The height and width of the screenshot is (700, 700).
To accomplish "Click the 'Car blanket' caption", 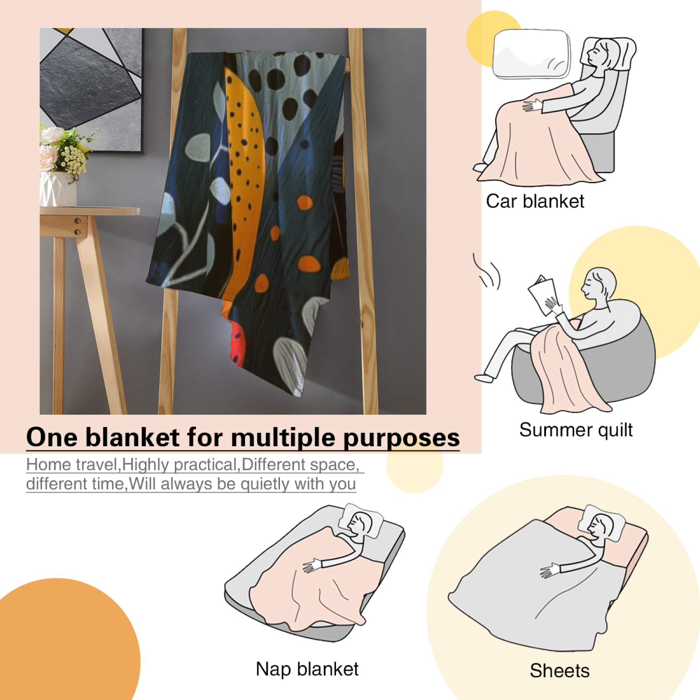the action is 535,202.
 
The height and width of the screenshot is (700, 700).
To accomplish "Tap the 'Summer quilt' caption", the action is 576,430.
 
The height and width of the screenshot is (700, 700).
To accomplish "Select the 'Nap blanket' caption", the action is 307,669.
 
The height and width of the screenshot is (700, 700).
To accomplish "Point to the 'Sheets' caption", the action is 560,671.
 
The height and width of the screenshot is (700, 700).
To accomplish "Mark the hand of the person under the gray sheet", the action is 550,571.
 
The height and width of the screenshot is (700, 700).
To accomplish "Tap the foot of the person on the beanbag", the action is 484,378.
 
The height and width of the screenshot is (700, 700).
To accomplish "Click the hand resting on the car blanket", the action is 532,105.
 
